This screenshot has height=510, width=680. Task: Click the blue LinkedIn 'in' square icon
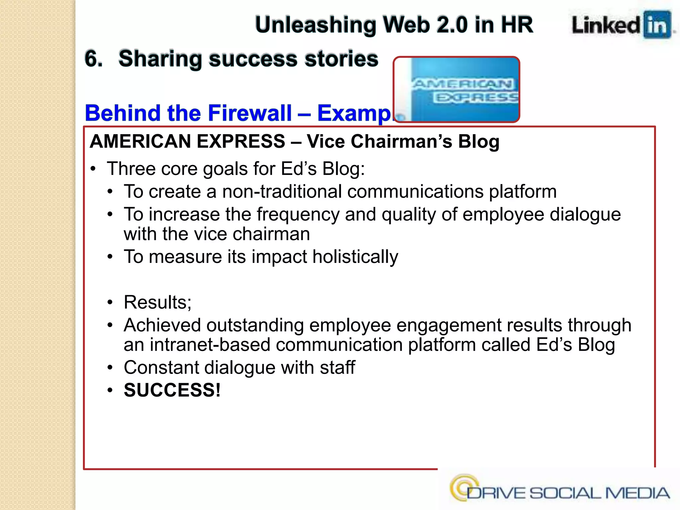657,25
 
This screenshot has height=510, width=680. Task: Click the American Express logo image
457,89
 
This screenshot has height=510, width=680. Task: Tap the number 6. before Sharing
93,59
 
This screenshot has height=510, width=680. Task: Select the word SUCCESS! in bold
172,390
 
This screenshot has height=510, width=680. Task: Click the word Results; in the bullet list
157,302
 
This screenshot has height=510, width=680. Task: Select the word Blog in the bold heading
478,141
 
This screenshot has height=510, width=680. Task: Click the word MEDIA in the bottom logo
637,493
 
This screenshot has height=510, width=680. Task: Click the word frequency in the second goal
298,214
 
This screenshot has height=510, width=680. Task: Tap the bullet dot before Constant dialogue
110,368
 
